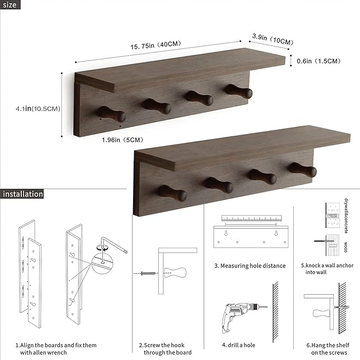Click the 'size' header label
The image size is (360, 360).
pyautogui.click(x=10, y=5)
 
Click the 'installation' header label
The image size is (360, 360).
pyautogui.click(x=22, y=194)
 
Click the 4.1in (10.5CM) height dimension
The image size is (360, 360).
pyautogui.click(x=37, y=109)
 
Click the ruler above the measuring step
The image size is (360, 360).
pyautogui.click(x=250, y=218)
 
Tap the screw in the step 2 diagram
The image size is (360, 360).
pyautogui.click(x=147, y=273)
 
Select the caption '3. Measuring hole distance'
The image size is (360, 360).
pyautogui.click(x=250, y=266)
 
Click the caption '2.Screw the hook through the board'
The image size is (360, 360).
pyautogui.click(x=165, y=349)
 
